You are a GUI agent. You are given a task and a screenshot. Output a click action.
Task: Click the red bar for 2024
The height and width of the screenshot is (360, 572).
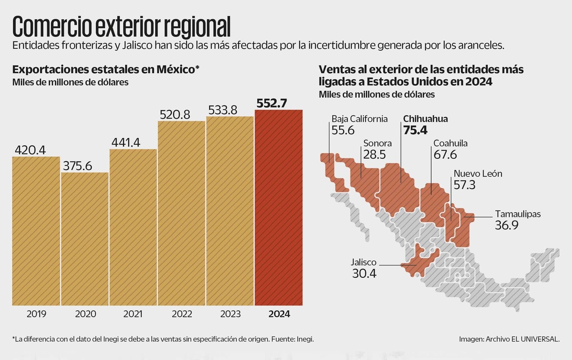pyautogui.click(x=278, y=208)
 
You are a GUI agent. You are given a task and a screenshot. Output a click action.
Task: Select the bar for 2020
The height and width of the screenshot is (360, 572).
pyautogui.click(x=85, y=239)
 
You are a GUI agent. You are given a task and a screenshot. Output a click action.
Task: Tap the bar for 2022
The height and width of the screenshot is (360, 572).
pyautogui.click(x=181, y=213)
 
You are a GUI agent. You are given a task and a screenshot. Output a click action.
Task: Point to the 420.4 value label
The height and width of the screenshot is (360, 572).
pyautogui.click(x=31, y=149)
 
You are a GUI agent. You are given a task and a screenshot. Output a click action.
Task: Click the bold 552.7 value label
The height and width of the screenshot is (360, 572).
pyautogui.click(x=278, y=103)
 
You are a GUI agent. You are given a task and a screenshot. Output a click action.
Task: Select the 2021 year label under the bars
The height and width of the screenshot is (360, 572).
pyautogui.click(x=133, y=314)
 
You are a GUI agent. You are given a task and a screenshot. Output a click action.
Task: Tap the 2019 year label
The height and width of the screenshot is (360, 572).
pyautogui.click(x=36, y=314)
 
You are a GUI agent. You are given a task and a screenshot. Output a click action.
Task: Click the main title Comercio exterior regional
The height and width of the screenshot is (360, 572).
pyautogui.click(x=122, y=27)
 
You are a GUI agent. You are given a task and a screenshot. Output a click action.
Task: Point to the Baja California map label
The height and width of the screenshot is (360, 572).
pyautogui.click(x=359, y=119)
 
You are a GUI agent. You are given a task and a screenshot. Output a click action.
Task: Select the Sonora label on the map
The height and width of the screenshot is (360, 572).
pyautogui.click(x=377, y=143)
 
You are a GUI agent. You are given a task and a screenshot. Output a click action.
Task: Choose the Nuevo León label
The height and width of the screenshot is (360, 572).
pyautogui.click(x=478, y=174)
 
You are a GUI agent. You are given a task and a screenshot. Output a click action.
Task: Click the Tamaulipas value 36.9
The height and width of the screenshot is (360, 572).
pyautogui.click(x=506, y=225)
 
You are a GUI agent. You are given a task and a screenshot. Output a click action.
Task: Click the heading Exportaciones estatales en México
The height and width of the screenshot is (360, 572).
pyautogui.click(x=106, y=70)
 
